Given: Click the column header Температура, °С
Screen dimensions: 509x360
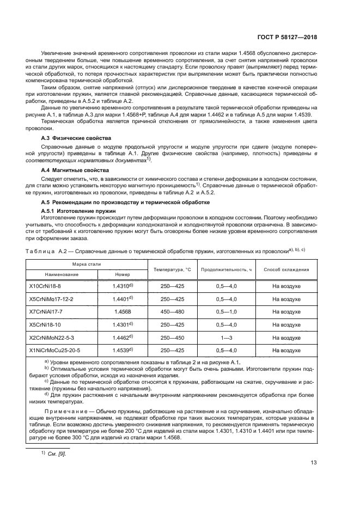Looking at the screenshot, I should coord(172,269).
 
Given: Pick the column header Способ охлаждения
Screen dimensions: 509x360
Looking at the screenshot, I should coord(286,269).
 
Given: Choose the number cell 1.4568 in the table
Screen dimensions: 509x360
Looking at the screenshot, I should coord(123,311).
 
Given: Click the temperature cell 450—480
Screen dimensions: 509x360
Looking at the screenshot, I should coord(172,311).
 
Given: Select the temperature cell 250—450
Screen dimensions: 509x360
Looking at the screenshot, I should coord(172,337).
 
